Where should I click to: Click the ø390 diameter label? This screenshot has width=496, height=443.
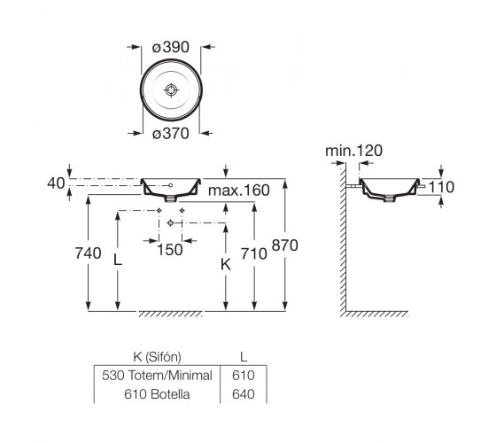click(170, 47)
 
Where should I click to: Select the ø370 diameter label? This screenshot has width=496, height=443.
click(170, 134)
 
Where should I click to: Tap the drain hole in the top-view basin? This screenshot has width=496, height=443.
click(171, 90)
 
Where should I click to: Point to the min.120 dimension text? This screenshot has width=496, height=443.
click(353, 151)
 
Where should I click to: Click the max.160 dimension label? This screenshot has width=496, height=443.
click(239, 190)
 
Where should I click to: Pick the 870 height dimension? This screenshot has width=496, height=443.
click(285, 245)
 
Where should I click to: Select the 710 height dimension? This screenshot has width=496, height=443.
click(253, 253)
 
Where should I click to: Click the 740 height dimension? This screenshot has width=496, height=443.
click(89, 253)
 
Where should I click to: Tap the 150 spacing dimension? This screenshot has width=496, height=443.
click(170, 250)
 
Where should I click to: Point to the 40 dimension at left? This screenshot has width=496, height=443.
click(56, 183)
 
